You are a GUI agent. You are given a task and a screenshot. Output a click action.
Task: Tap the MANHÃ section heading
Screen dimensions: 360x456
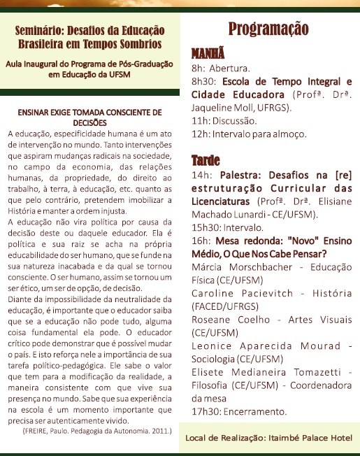coord(208,54)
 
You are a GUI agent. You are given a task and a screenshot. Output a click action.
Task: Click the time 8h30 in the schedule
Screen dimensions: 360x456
coord(205,81)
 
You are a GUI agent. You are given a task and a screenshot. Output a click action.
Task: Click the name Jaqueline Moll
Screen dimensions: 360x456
coord(221,108)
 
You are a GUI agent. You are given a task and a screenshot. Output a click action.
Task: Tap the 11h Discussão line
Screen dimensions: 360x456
coord(219,120)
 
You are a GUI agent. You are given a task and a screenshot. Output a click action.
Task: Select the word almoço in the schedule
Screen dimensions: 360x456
coord(287,134)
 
